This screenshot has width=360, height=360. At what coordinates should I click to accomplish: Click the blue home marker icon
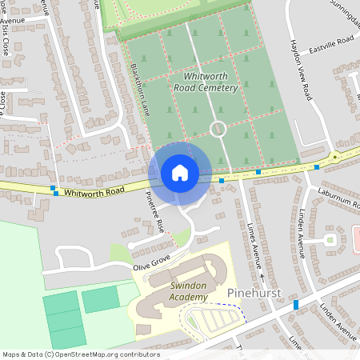pyautogui.click(x=180, y=173)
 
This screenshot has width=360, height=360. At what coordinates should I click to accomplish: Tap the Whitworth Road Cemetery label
pyautogui.click(x=205, y=82)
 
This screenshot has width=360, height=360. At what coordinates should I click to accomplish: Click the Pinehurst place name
pyautogui.click(x=254, y=294)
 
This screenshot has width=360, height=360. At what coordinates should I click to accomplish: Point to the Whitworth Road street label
pyautogui.click(x=94, y=192)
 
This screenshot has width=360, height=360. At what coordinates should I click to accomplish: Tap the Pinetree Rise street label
pyautogui.click(x=155, y=211)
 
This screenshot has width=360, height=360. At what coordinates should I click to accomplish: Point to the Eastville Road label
pyautogui.click(x=333, y=41)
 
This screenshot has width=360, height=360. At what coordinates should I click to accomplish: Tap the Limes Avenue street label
pyautogui.click(x=257, y=244)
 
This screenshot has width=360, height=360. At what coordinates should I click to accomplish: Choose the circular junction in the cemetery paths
pyautogui.click(x=216, y=128)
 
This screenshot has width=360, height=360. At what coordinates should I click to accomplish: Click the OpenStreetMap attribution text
pyautogui.click(x=81, y=354)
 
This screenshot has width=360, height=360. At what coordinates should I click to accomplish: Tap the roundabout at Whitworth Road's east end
pyautogui.click(x=337, y=157)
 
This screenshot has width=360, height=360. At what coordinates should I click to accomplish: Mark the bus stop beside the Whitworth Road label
pyautogui.click(x=54, y=191)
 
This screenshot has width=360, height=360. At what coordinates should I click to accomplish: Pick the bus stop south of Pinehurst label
pyautogui.click(x=295, y=305)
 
